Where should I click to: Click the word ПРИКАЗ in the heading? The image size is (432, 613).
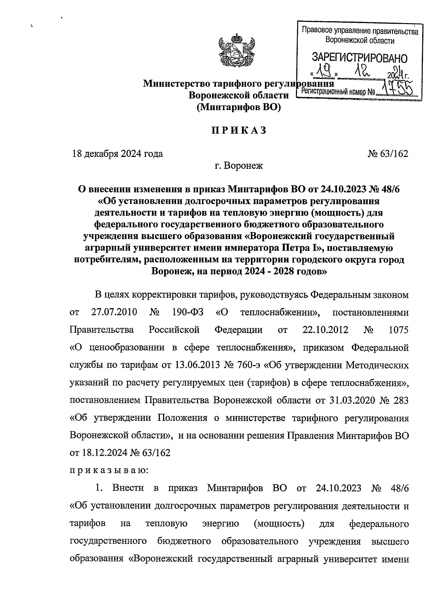click(239, 131)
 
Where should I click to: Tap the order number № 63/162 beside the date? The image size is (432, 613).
click(388, 154)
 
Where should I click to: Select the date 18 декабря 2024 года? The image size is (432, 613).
click(117, 154)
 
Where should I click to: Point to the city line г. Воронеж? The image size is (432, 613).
click(239, 166)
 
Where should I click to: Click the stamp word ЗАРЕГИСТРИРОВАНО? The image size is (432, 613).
click(359, 58)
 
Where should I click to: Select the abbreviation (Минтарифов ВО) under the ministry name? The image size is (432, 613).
click(239, 107)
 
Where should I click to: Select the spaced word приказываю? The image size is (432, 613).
click(107, 470)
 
